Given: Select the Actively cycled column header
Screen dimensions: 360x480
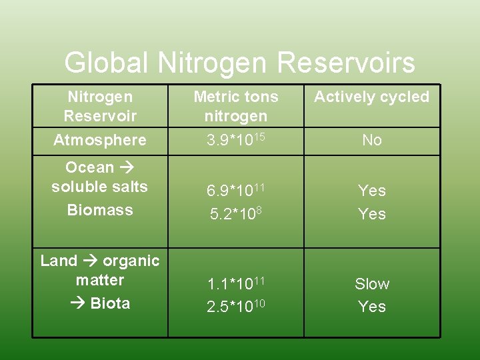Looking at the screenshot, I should [371, 97].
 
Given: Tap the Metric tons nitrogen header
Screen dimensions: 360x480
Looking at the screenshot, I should [236, 106].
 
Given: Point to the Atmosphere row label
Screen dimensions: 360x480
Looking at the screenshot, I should [100, 140].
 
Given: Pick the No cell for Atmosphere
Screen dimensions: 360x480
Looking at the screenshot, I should [371, 140].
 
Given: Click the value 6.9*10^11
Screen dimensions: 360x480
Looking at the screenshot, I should [235, 191].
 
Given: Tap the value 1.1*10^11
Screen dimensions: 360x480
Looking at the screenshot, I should [235, 284].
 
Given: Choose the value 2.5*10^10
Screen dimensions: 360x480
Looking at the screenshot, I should [235, 307].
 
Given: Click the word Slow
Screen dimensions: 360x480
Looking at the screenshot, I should [371, 284].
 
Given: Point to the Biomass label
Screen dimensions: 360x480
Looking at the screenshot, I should [100, 210].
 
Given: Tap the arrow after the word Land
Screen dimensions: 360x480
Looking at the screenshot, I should [90, 261].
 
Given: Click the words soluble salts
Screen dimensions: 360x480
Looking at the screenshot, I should [100, 187].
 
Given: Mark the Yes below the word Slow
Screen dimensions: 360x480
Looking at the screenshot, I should [371, 307].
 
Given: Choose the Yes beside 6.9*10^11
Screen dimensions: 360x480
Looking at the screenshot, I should [371, 191].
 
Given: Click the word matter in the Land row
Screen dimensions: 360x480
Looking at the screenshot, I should [100, 280].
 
